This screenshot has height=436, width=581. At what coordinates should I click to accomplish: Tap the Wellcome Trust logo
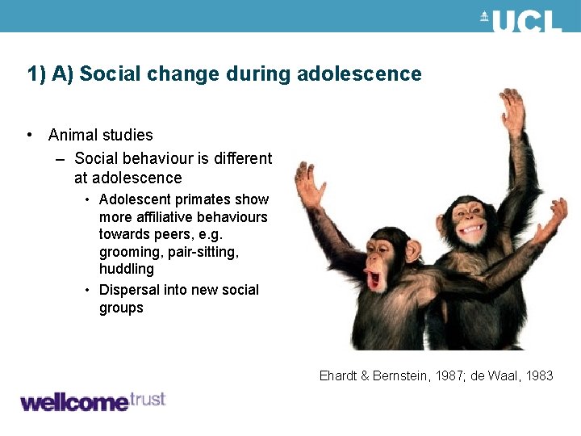coord(92,401)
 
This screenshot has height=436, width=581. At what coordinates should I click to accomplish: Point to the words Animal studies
coord(100,135)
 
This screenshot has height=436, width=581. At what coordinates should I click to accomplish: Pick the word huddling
coord(126,269)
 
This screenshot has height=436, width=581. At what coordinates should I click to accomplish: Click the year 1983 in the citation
coord(536,375)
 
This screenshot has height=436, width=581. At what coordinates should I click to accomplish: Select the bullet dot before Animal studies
coord(30,135)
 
